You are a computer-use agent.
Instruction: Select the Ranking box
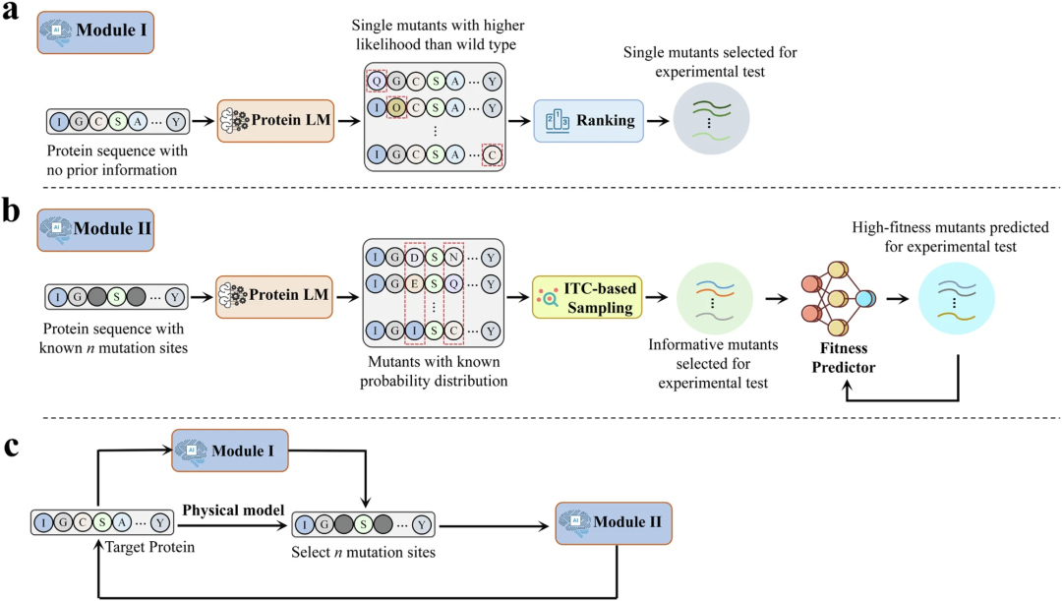588,121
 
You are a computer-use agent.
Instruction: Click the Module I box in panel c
229,449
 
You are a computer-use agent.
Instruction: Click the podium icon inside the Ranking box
556,120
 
